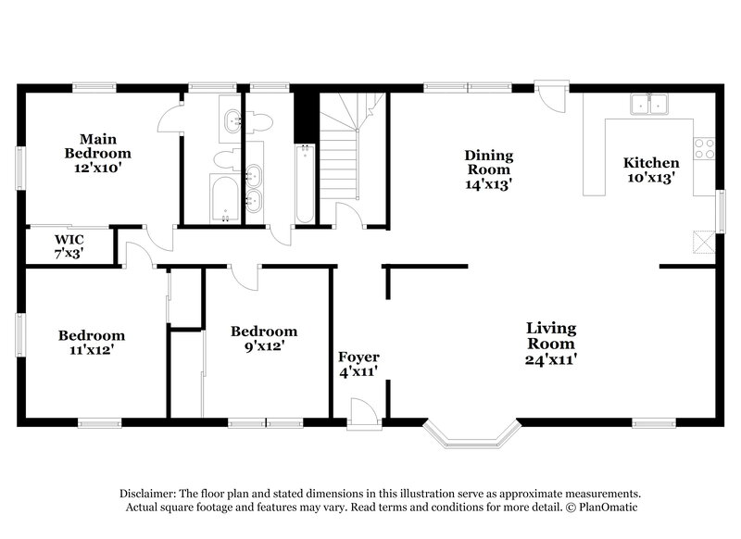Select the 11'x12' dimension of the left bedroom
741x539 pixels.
click(91, 350)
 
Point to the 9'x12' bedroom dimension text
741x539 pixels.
click(263, 345)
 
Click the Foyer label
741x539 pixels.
click(358, 357)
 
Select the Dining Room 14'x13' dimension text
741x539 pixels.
click(488, 184)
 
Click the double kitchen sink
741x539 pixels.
click(651, 105)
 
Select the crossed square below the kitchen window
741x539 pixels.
click(705, 243)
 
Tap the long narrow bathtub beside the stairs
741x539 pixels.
click(305, 182)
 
